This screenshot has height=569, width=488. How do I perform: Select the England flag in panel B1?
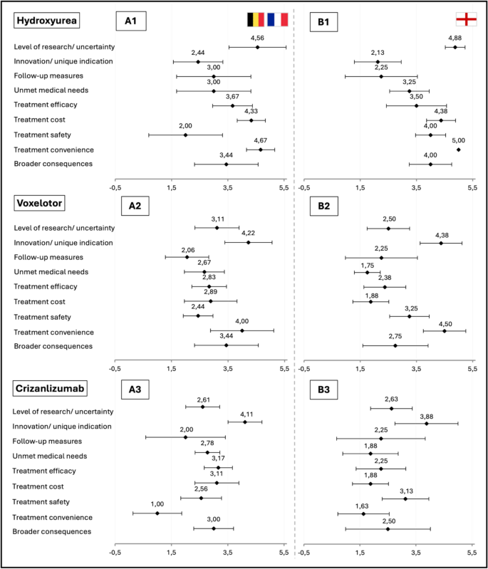coord(466,20)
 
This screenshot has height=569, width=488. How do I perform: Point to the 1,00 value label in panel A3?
coord(157,503)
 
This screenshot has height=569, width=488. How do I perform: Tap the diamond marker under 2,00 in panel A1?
coord(185,135)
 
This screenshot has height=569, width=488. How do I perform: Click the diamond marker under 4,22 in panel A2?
coord(248,242)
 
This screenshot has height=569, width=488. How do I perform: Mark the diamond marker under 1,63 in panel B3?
coord(363,513)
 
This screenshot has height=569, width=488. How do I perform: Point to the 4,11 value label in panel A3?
coord(246,413)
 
